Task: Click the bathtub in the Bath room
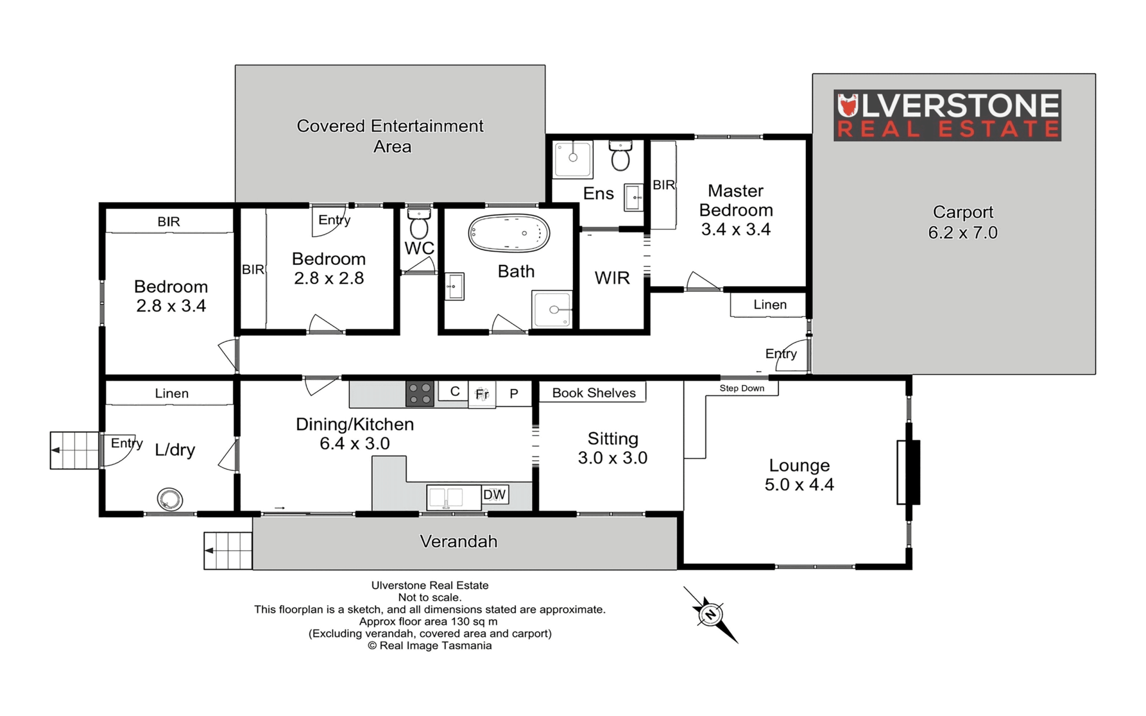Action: (509, 233)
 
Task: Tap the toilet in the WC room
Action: (419, 223)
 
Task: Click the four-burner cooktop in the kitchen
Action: (420, 394)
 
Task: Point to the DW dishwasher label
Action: (494, 495)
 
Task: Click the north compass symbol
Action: (710, 615)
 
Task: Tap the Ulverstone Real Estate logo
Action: (947, 115)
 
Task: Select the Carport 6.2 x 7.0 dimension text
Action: (963, 232)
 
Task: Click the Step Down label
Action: (742, 388)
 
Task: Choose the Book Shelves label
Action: (594, 393)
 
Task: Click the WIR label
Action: (612, 277)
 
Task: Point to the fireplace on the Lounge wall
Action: (908, 472)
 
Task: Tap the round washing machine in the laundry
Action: (170, 499)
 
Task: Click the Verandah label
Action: (458, 541)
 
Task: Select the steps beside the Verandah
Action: (228, 551)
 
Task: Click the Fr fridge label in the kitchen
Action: (482, 394)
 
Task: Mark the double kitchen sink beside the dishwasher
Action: (454, 498)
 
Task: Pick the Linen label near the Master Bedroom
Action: (770, 304)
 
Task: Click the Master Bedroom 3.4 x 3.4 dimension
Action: (736, 229)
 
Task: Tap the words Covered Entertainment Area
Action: (390, 136)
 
